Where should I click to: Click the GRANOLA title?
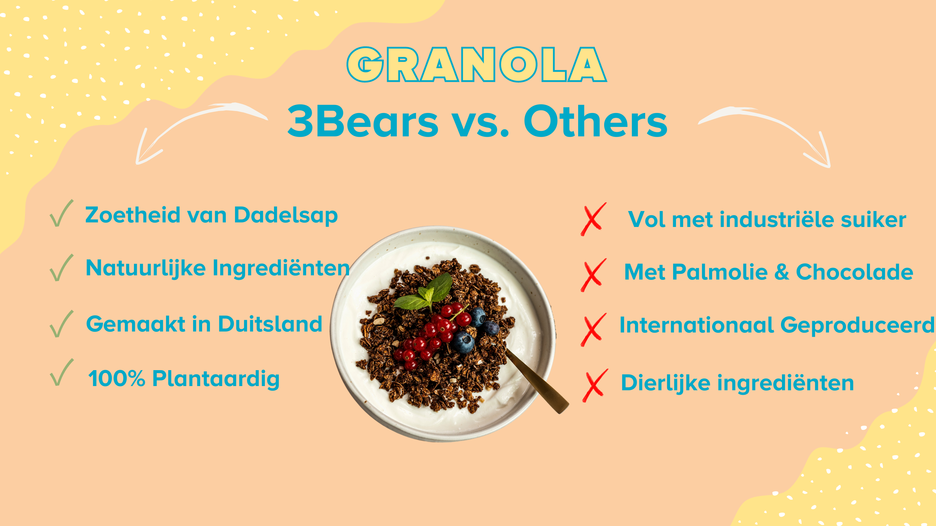point(476,65)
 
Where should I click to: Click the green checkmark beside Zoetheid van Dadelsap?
point(61,213)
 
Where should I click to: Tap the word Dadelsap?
point(286,215)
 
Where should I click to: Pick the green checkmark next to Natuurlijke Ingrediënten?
point(61,268)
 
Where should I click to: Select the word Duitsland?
point(270,324)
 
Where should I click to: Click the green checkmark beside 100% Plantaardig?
point(61,372)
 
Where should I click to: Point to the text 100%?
point(117,379)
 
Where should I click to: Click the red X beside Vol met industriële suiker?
point(593,219)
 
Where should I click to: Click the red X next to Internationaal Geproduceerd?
point(593,330)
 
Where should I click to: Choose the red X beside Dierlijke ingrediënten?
point(595,385)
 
